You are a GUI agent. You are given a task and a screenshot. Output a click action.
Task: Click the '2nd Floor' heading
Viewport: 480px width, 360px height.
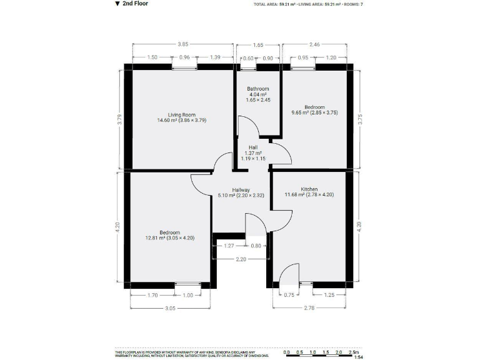pyautogui.click(x=134, y=4)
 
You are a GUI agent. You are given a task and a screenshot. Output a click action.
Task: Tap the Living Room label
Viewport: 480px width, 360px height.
pyautogui.click(x=181, y=115)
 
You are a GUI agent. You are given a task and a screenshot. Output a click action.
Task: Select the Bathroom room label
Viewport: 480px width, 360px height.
pyautogui.click(x=257, y=89)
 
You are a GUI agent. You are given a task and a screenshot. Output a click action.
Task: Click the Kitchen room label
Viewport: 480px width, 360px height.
pyautogui.click(x=309, y=189)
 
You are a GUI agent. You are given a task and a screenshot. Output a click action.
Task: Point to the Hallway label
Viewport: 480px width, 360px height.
pyautogui.click(x=241, y=190)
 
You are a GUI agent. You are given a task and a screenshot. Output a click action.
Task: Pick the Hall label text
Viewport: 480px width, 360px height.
pyautogui.click(x=253, y=147)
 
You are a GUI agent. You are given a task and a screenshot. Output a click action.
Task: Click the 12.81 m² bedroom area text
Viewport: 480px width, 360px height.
pyautogui.click(x=169, y=237)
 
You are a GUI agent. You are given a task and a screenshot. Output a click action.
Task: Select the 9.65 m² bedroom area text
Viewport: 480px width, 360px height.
pyautogui.click(x=314, y=112)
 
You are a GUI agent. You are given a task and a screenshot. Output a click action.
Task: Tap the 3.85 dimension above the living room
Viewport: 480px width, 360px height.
pyautogui.click(x=182, y=45)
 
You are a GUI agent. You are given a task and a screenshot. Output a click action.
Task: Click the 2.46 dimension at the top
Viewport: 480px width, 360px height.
pyautogui.click(x=314, y=45)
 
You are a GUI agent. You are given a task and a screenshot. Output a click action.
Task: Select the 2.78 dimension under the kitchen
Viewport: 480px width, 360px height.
pyautogui.click(x=310, y=307)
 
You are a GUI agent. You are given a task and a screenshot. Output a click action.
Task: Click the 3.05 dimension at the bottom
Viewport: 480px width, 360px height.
pyautogui.click(x=169, y=307)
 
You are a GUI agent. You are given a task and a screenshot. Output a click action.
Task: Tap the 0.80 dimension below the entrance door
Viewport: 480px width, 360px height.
pyautogui.click(x=256, y=246)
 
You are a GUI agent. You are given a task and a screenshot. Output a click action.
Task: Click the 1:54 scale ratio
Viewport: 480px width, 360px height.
pyautogui.click(x=358, y=357)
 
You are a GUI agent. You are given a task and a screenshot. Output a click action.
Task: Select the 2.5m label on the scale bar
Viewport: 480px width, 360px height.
pyautogui.click(x=354, y=352)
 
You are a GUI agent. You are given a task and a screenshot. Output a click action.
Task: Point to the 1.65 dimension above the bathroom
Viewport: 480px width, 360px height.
pyautogui.click(x=257, y=45)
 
